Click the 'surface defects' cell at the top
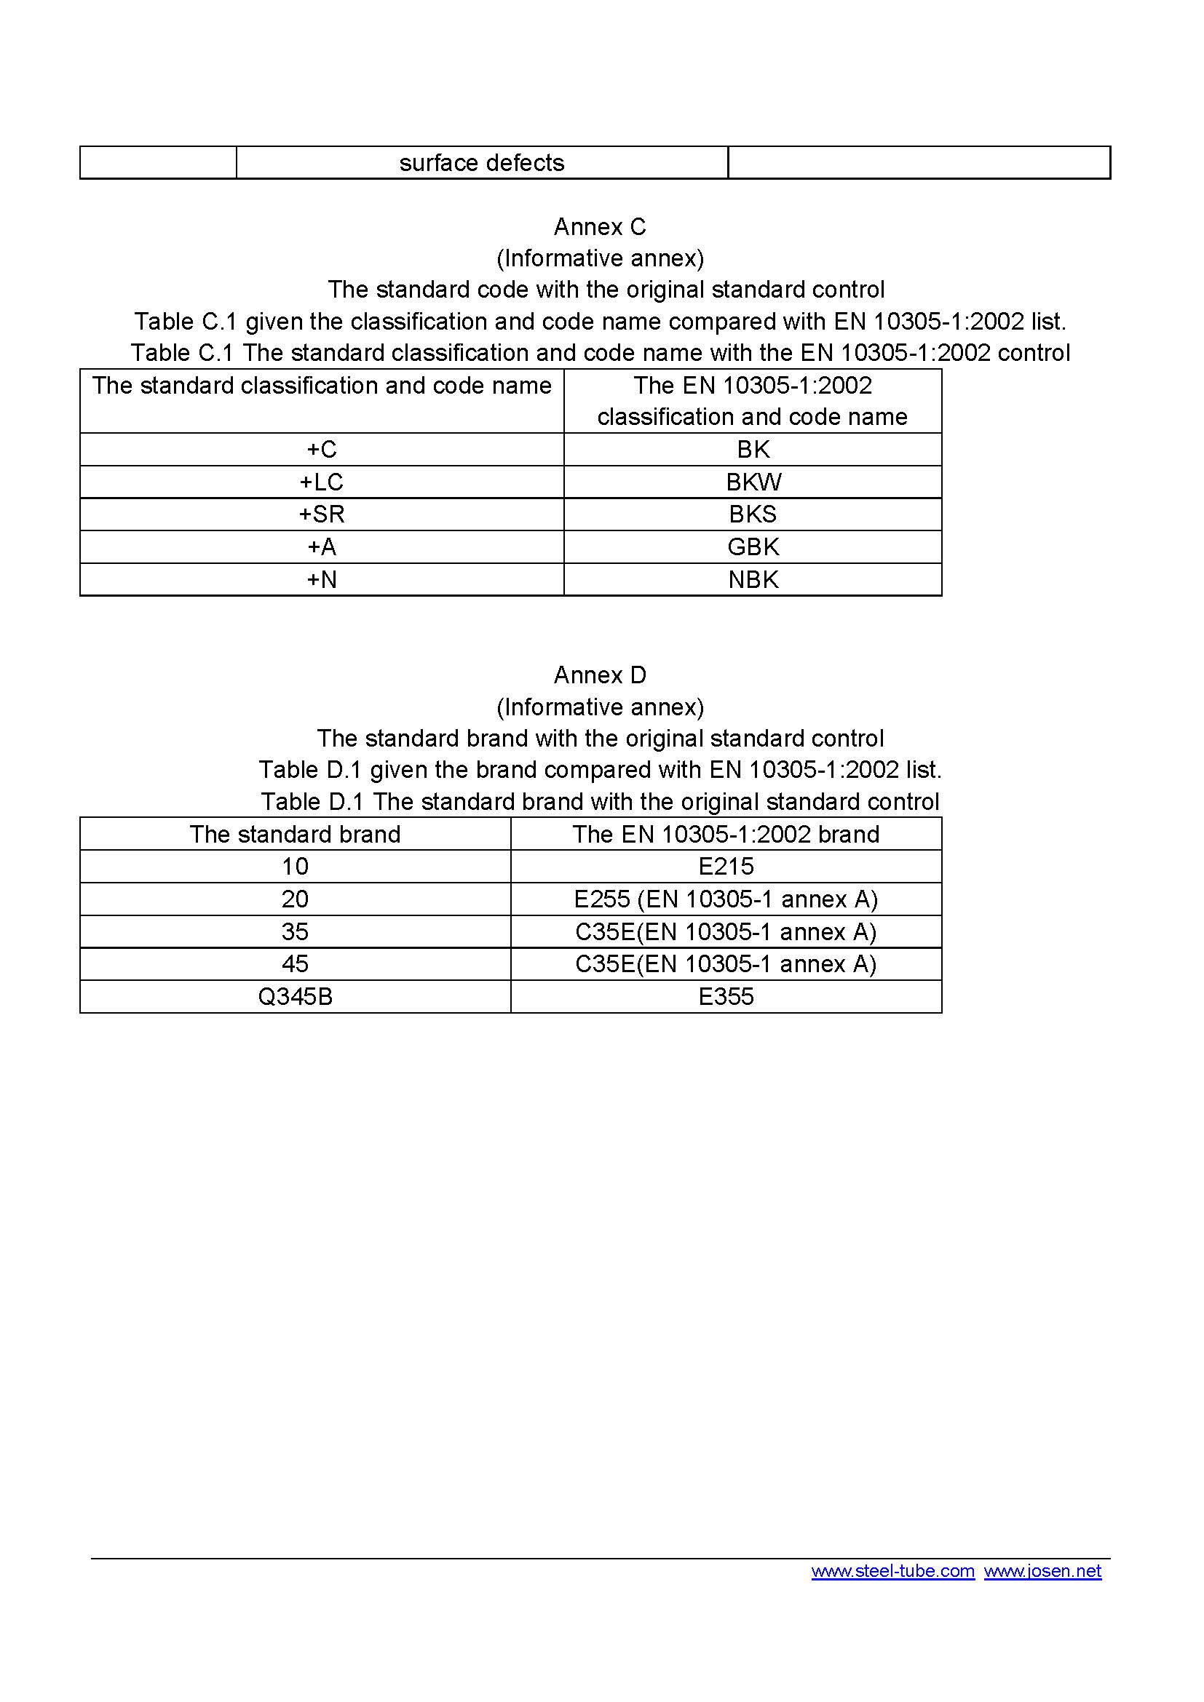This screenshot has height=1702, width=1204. click(482, 163)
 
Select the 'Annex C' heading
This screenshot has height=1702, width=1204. click(600, 227)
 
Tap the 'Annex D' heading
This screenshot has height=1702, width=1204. click(600, 675)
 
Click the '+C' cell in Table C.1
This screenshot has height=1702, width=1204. click(322, 450)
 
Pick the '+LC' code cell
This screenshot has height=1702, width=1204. click(322, 482)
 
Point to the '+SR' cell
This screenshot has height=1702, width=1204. click(322, 514)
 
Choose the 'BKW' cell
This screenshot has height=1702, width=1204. click(753, 482)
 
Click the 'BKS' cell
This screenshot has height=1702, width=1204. click(753, 514)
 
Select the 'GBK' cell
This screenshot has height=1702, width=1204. click(753, 547)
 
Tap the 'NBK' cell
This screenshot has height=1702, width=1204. click(753, 580)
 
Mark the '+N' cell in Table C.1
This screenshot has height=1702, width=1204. click(322, 580)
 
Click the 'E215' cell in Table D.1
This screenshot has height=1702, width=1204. click(726, 867)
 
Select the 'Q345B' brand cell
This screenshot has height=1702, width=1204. click(295, 997)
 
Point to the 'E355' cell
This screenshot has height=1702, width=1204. click(726, 997)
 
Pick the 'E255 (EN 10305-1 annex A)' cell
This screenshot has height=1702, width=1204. click(726, 899)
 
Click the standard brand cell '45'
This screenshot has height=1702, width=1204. click(295, 963)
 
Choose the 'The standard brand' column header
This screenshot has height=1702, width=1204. click(295, 835)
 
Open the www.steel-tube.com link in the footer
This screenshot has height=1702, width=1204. click(892, 1572)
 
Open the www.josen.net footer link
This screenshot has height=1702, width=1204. click(1042, 1572)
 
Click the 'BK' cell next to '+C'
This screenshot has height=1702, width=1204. click(753, 450)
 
